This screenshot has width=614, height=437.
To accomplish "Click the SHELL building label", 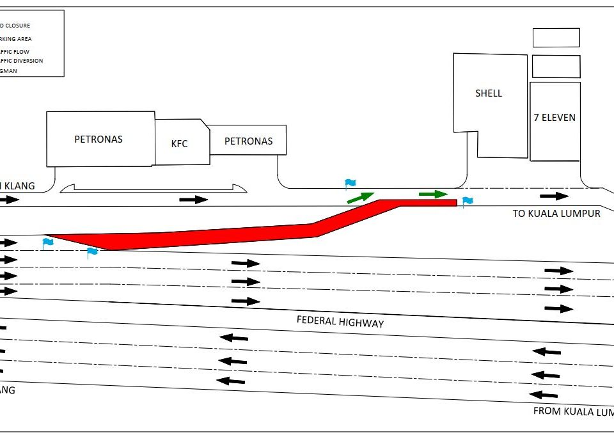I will tap(489, 93).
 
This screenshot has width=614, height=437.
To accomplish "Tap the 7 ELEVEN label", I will tap(555, 118).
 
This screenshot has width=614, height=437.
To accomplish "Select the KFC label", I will tap(180, 143).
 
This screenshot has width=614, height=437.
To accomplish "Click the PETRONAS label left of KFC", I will tap(98, 139).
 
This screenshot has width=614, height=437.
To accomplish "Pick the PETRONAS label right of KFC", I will tap(248, 141).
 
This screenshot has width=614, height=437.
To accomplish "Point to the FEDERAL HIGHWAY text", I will tap(340, 322).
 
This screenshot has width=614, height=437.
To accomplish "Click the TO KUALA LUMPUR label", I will tap(556, 214).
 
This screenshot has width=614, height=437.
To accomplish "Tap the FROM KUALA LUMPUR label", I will tap(572, 411).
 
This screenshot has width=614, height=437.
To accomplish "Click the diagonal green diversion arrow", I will tap(361, 197).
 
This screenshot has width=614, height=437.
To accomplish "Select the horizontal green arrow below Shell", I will tap(433, 194).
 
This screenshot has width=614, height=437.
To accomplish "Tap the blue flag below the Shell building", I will tap(468, 202).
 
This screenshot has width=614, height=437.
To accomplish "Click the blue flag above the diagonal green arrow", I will tap(350, 184).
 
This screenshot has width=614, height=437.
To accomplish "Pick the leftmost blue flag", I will tap(47, 242).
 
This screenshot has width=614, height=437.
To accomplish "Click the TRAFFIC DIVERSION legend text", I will tap(22, 61).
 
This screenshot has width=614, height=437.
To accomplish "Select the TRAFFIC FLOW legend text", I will tap(15, 51).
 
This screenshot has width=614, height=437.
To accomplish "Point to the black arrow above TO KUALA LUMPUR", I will tap(554, 196).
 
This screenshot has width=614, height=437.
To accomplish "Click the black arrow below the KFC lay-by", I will tap(193, 200).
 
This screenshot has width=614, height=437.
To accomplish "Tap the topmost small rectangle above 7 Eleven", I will tap(556, 38).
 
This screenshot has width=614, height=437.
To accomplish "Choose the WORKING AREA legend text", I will tap(16, 39).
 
